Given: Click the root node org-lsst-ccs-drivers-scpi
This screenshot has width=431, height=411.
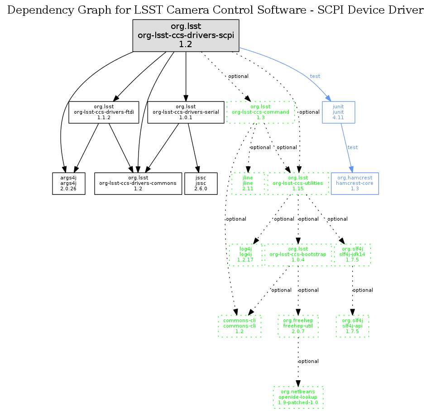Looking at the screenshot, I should click(186, 35).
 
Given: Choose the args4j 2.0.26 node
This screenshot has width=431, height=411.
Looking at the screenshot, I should click(69, 183).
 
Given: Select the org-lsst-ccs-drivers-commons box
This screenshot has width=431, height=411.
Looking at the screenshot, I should click(138, 183).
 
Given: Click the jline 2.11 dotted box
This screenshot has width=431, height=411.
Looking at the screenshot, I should click(247, 183).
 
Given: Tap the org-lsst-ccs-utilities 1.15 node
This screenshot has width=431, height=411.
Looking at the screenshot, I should click(298, 183).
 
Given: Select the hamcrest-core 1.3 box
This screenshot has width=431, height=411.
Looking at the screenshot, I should click(354, 183).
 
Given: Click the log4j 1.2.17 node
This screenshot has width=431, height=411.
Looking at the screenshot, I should click(245, 255).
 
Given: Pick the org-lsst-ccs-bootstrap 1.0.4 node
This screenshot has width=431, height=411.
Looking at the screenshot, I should click(298, 255).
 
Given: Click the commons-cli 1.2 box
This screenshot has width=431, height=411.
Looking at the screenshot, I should click(239, 326).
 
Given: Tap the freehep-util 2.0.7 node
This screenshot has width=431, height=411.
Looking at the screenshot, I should click(298, 326).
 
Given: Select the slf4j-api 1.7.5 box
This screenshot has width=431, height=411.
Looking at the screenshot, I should click(353, 326).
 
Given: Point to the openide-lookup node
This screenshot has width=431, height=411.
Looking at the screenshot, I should click(298, 397).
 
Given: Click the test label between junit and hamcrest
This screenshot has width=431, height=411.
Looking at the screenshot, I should click(353, 148).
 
